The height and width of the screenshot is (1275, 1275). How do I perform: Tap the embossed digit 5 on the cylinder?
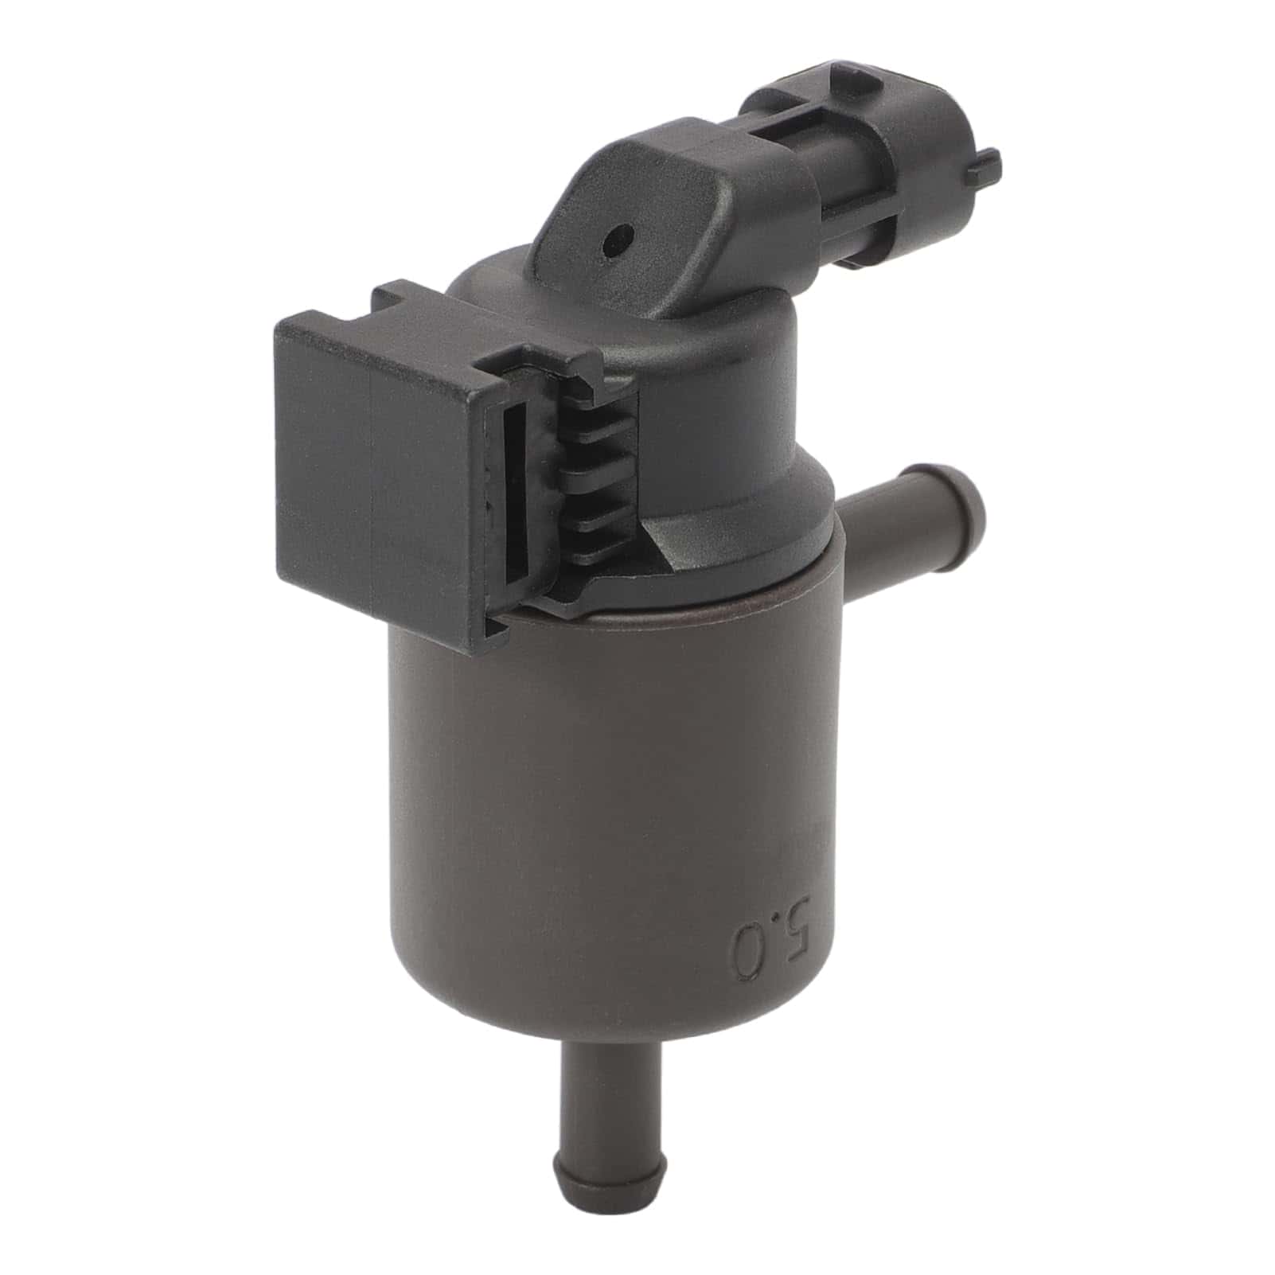[803, 924]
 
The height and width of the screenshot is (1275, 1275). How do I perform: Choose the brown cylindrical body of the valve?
[613, 796]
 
